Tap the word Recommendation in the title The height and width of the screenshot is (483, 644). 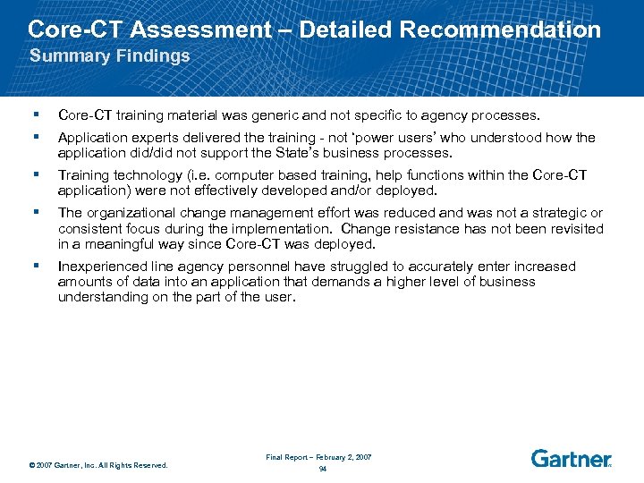tap(501, 30)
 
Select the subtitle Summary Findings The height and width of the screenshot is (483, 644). tap(110, 56)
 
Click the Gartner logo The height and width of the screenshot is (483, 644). tap(572, 458)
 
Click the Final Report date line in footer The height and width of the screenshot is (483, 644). tap(318, 457)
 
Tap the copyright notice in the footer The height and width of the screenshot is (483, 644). tap(97, 465)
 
